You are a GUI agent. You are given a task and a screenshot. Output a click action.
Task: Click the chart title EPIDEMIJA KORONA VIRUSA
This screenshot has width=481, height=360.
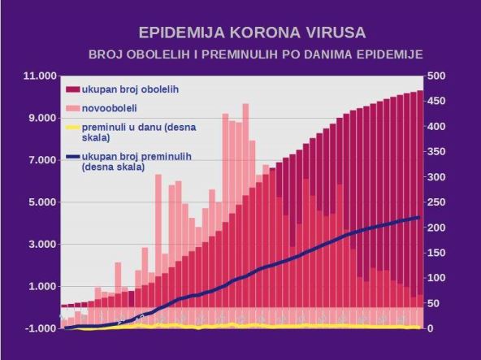click(251, 33)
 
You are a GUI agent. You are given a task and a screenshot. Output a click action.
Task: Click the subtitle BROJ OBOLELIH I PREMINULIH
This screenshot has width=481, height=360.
click(257, 54)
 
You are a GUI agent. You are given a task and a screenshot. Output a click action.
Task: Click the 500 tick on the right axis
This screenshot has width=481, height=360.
click(436, 76)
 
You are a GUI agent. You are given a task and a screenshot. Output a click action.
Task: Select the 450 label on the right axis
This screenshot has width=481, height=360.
click(436, 102)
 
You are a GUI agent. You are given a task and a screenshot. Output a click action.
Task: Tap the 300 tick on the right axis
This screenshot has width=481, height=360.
click(436, 177)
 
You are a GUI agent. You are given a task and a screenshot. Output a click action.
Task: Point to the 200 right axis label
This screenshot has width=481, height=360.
click(436, 228)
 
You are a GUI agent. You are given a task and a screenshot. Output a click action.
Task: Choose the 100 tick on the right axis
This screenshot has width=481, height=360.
click(436, 278)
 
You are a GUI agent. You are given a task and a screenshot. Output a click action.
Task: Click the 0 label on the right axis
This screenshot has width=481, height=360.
click(430, 328)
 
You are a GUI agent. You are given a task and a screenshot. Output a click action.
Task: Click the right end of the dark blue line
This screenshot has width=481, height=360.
click(418, 217)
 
